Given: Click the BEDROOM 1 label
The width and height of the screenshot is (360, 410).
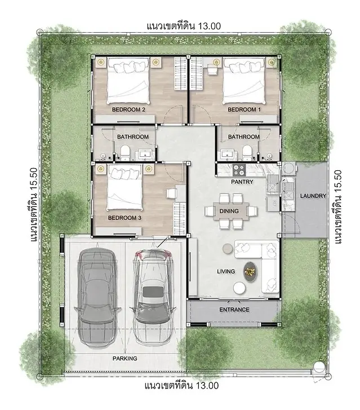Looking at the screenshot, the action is pos(244,109).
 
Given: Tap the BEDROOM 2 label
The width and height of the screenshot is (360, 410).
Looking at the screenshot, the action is pos(128,109).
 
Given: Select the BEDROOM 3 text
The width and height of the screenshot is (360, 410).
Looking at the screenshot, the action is pos(125,218).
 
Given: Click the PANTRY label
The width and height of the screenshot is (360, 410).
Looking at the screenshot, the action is pos(242,182).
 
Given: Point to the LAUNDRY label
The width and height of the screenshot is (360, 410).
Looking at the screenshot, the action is pos(313,196).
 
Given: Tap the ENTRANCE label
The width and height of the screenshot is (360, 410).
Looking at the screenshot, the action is pos(234,310).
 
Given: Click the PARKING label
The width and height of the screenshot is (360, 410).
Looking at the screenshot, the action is pos(125,359).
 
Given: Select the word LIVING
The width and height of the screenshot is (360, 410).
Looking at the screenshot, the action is pos(226,272).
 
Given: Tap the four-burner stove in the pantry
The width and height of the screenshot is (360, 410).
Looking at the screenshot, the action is pos(239,170).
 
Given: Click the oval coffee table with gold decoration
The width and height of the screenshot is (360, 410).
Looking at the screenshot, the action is pos(251,272).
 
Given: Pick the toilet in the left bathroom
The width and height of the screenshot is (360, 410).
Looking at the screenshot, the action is pos(125,153).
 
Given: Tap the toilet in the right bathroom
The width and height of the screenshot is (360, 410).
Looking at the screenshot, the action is pos(247,153).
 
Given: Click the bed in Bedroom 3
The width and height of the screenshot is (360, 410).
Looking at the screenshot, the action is pos(125,188).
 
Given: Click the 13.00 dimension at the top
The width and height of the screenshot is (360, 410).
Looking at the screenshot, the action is pos(210,26).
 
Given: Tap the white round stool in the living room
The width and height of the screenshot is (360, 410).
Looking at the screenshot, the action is pos(239,288).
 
